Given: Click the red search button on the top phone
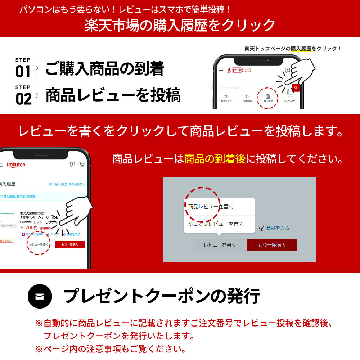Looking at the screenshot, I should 296,87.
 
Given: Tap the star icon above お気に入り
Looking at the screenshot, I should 226,96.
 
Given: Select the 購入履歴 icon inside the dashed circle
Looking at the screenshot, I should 267,96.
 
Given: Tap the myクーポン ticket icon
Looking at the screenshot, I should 290,96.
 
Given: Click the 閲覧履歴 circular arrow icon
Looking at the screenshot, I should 248,96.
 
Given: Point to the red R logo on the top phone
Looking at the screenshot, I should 229,70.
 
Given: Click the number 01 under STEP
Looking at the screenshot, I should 23,72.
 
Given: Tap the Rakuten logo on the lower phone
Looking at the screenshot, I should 16,165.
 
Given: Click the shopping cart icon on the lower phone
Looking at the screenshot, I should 82,165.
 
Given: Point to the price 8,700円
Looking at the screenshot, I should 29,228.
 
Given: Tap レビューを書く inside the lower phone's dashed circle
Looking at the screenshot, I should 39,244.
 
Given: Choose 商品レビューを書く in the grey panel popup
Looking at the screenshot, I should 211,207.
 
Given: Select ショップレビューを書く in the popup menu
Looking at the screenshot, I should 216,224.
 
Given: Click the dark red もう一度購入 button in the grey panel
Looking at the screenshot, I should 271,245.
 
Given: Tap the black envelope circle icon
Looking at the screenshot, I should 40,296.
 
